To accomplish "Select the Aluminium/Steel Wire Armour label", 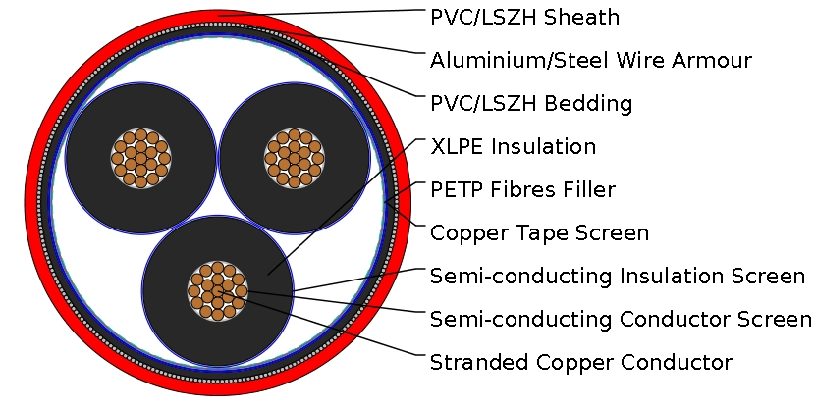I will point(591,60).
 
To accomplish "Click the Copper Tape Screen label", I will point(539,232).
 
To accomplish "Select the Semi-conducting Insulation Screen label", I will point(618,276).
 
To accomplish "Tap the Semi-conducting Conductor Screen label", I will point(621,319).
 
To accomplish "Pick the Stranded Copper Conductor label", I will point(580,362).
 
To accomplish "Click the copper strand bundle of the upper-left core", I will point(140,157).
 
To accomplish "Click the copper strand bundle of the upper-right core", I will point(292,157).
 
